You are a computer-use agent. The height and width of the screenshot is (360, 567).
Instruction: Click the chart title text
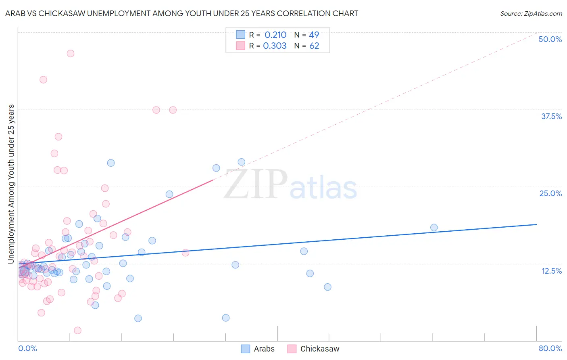[181, 14]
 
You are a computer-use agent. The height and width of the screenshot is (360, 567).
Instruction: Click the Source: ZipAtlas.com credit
[531, 14]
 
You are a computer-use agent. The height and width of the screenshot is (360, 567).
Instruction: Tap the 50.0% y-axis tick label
[550, 39]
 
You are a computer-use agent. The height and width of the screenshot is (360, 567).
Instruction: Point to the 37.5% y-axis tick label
[551, 116]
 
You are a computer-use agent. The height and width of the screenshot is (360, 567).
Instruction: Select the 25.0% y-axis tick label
[550, 193]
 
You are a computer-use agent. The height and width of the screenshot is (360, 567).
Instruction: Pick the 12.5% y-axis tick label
[551, 271]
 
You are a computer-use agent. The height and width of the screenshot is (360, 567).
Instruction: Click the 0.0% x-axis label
[27, 348]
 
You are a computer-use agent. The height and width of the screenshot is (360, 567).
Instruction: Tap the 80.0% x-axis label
[550, 348]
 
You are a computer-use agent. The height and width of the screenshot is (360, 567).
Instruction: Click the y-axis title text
[11, 184]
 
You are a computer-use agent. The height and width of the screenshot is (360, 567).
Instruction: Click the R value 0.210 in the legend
[275, 35]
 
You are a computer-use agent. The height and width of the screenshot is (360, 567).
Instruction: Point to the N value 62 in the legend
[314, 46]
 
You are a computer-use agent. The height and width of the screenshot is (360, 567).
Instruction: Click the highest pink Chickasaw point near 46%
[71, 53]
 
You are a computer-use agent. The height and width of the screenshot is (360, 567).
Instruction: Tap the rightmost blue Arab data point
[434, 228]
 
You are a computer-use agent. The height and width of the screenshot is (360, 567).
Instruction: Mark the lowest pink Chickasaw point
[78, 331]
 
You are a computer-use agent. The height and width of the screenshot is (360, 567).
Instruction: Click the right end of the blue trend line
[536, 224]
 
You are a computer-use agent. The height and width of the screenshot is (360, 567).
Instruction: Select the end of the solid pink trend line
[213, 180]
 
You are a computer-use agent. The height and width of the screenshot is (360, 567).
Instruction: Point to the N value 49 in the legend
[314, 35]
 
